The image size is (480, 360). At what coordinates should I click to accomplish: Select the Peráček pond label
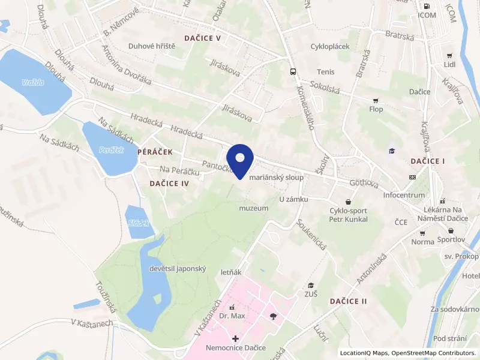tap(111, 149)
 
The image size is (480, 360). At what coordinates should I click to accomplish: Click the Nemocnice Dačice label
tap(235, 348)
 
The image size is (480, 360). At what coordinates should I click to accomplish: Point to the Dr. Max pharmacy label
tap(232, 316)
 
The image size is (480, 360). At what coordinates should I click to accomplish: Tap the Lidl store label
tap(449, 64)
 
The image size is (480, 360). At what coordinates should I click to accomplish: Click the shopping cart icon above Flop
tap(376, 100)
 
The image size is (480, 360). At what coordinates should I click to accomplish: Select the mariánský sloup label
tap(275, 178)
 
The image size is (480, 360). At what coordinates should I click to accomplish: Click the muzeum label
tap(253, 208)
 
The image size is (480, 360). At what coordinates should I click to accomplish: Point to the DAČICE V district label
tap(203, 38)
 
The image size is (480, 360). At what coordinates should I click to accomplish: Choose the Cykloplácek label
tap(329, 46)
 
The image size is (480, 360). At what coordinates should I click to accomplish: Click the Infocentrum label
tap(404, 195)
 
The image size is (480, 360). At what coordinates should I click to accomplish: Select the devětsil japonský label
tap(178, 269)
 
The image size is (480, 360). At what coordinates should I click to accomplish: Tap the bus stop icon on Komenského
tap(292, 71)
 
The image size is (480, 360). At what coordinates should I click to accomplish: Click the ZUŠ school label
tap(311, 294)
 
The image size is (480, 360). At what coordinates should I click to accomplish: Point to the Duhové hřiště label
tap(152, 46)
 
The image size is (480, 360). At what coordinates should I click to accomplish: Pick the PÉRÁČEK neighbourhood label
tap(155, 153)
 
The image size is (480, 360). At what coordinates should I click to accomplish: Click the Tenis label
tap(326, 72)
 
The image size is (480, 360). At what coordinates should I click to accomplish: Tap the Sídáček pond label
tap(138, 223)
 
